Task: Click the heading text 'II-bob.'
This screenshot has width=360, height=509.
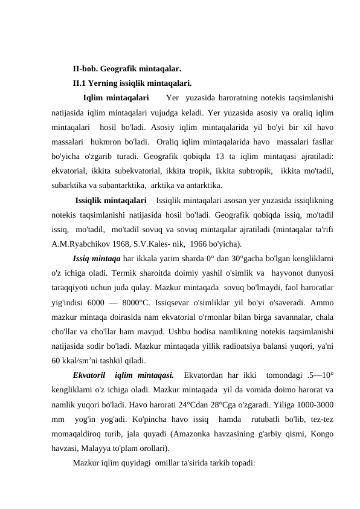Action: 87,69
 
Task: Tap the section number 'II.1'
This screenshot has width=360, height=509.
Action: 80,83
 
